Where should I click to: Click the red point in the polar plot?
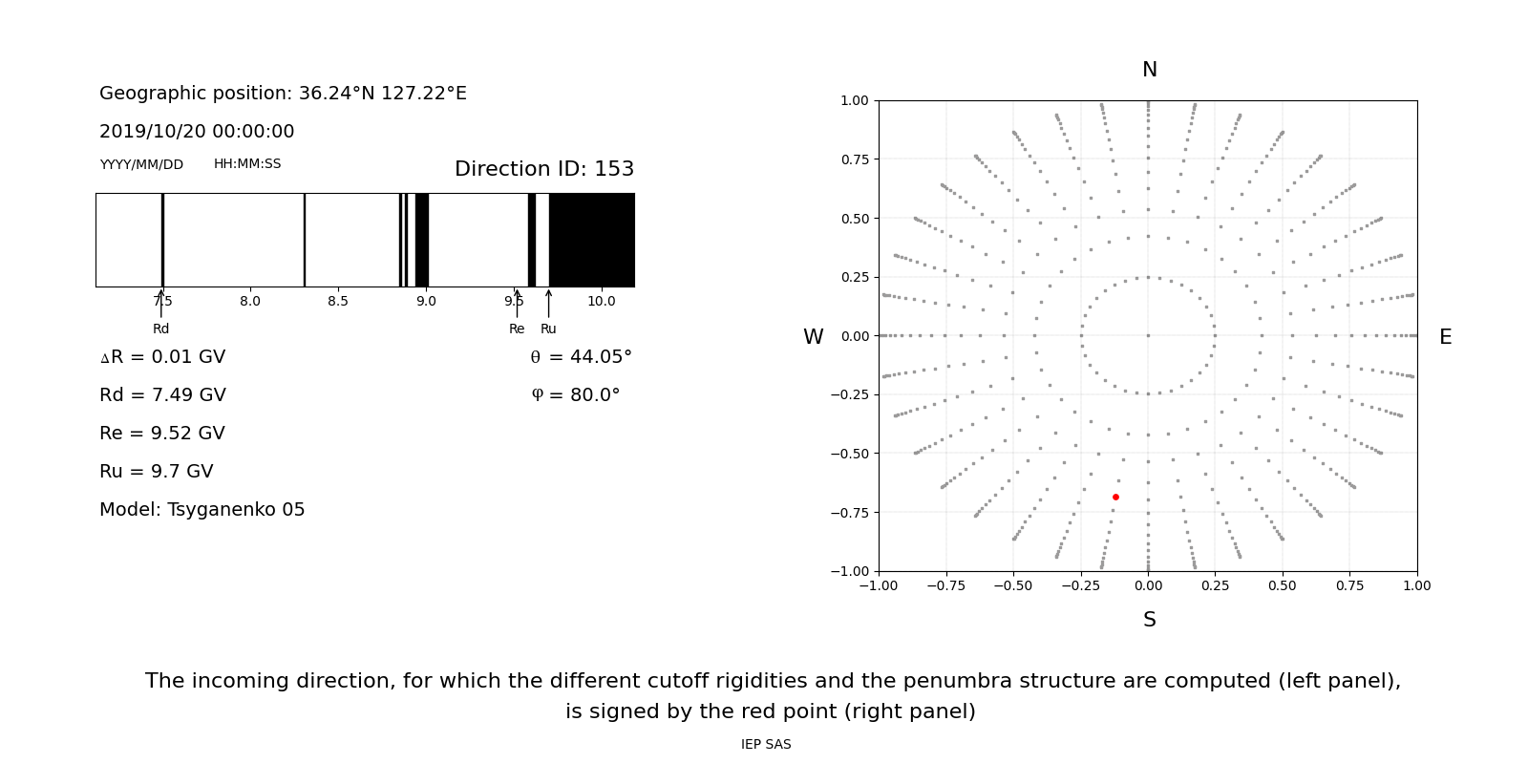click(1115, 497)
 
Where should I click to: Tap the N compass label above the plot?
click(1150, 70)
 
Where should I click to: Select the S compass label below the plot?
click(1150, 620)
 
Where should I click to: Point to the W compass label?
click(813, 337)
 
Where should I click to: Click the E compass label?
click(1445, 337)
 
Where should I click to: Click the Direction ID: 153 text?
click(544, 169)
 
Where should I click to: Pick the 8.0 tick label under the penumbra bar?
click(250, 302)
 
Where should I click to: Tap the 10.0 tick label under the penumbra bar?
click(602, 302)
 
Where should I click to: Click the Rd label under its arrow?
click(161, 329)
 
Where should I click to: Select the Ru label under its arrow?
click(548, 329)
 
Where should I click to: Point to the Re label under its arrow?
click(517, 329)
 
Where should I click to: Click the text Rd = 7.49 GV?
click(162, 395)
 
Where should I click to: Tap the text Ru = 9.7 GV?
click(157, 472)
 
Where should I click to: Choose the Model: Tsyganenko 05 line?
click(202, 510)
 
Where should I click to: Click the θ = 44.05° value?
click(581, 357)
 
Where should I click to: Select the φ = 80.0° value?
click(575, 395)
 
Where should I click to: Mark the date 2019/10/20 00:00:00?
click(197, 132)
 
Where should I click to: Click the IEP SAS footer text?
click(766, 745)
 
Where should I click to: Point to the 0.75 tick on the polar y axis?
click(855, 159)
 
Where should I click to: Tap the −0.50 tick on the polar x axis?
click(1013, 585)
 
